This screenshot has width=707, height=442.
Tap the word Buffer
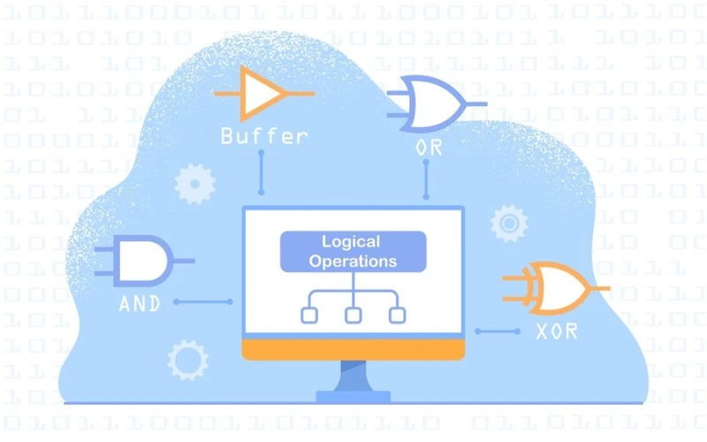264,137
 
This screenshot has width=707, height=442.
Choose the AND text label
141,303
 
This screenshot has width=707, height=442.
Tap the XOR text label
557,332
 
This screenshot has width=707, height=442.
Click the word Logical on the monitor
351,241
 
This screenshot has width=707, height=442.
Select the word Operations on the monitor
353,262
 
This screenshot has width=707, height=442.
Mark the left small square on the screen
309,314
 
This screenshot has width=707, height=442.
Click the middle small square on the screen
353,314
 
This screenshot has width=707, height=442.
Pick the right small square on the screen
397,314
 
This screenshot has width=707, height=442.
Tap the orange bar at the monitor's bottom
353,350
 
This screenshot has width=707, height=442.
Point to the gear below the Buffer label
194,184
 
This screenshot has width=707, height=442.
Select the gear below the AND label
187,360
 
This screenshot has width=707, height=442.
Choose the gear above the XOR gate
509,223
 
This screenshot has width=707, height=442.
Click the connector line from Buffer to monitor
261,172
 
